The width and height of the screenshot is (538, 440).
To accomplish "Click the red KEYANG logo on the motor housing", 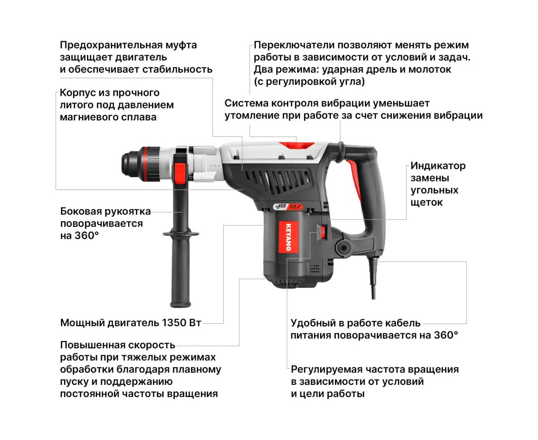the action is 289,237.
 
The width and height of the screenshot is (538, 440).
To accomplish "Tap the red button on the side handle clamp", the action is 180,173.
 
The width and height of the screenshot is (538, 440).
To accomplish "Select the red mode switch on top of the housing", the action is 296,145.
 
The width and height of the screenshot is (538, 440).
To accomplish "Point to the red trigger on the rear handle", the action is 355,178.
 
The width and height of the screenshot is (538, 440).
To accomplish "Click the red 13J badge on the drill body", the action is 295,207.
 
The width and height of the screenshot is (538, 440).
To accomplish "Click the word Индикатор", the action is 438,166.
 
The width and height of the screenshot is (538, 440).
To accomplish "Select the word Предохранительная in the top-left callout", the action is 111,45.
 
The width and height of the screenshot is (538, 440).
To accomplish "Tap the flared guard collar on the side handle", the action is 181,234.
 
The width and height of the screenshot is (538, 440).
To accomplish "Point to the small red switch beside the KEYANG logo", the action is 323,232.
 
